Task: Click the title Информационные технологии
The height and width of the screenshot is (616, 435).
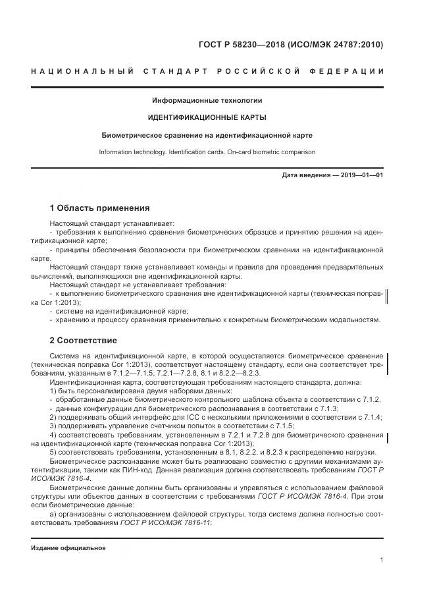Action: click(207, 101)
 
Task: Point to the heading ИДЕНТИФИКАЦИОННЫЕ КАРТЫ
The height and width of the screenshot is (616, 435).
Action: click(207, 118)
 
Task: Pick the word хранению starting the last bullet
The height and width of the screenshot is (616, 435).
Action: click(72, 320)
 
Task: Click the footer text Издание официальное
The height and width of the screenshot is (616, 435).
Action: click(68, 548)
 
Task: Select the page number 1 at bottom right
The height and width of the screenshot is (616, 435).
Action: click(382, 559)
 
